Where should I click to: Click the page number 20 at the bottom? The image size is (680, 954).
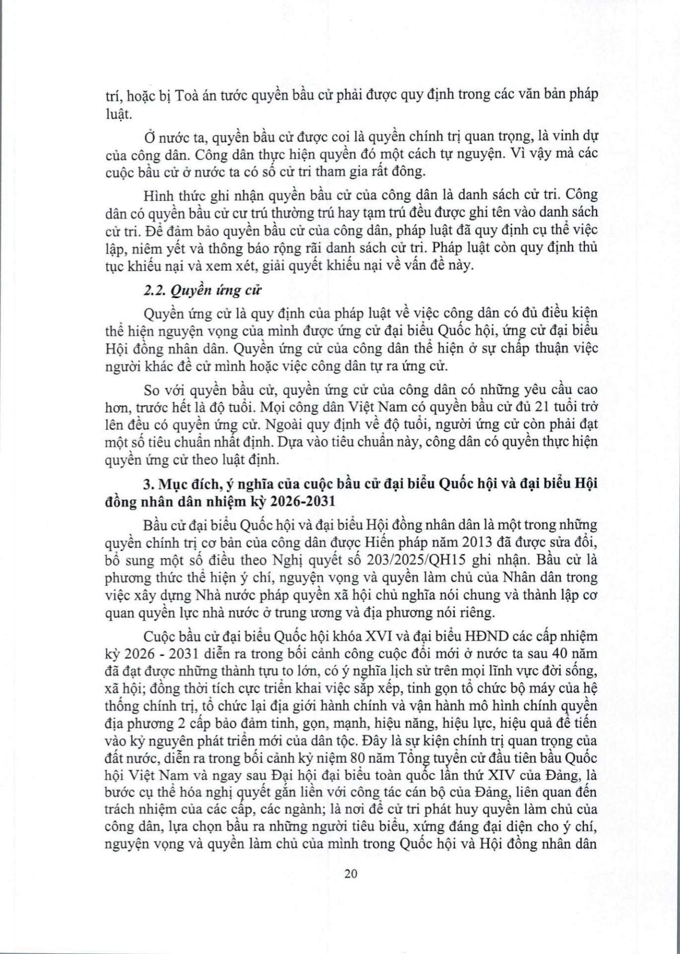tap(350, 887)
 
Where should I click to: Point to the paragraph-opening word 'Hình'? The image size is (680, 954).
tap(156, 194)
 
